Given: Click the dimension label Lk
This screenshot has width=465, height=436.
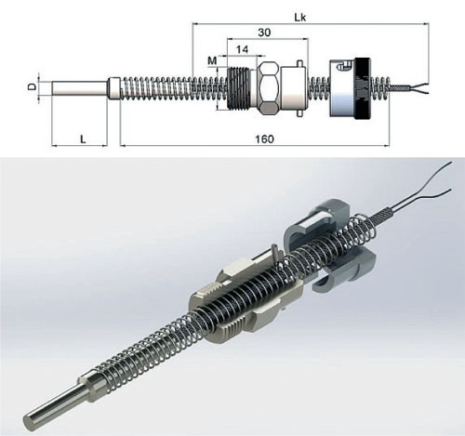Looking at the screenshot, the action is pos(299,18).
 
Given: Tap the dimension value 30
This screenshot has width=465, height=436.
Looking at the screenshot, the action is pos(264,33).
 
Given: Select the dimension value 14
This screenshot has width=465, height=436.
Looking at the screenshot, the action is pos(242,49).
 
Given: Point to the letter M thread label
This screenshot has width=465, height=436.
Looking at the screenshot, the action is pos(212,60).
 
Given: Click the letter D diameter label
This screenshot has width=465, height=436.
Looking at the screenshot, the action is pos(32,86).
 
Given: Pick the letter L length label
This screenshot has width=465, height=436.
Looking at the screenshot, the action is pos(83,139).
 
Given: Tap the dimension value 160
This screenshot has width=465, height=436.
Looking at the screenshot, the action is pos(264,139).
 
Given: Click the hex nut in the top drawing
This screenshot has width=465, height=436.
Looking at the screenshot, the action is pos(269,88).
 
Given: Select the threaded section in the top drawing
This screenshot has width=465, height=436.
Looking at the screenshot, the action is pos(242,88).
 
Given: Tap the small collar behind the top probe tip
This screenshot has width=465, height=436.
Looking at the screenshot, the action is pos(114,88).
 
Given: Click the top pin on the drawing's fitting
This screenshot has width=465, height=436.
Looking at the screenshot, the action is pos(299,62).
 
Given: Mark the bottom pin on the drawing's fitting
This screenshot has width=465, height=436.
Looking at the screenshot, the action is pos(299,113).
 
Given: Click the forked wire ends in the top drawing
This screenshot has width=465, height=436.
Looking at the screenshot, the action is pos(419,88).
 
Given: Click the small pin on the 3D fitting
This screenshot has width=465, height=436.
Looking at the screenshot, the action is pos(274,250).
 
